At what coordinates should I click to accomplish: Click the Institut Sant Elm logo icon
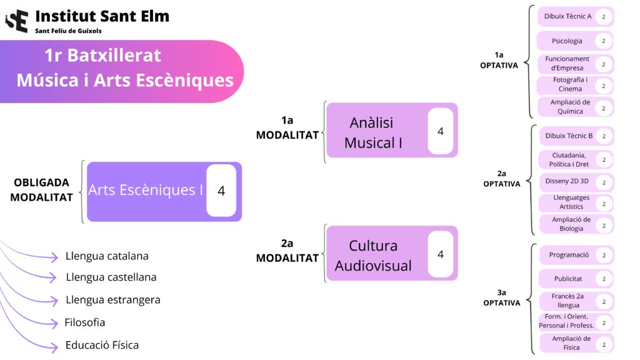click(17, 21)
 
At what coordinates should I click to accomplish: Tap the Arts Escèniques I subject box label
click(146, 190)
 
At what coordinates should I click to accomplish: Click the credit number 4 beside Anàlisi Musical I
click(441, 131)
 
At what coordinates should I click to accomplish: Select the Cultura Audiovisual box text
click(373, 255)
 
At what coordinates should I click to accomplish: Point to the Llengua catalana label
click(107, 256)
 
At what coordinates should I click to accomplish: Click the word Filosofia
click(85, 322)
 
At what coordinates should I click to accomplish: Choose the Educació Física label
click(102, 345)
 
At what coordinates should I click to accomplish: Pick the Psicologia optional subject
click(567, 41)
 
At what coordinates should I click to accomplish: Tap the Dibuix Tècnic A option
click(567, 16)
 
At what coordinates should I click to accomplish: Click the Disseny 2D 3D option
click(567, 181)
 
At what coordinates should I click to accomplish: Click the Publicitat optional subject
click(567, 279)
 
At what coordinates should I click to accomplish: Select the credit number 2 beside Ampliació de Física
click(604, 344)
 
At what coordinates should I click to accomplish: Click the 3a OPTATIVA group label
click(501, 297)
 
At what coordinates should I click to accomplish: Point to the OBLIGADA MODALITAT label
click(41, 190)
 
